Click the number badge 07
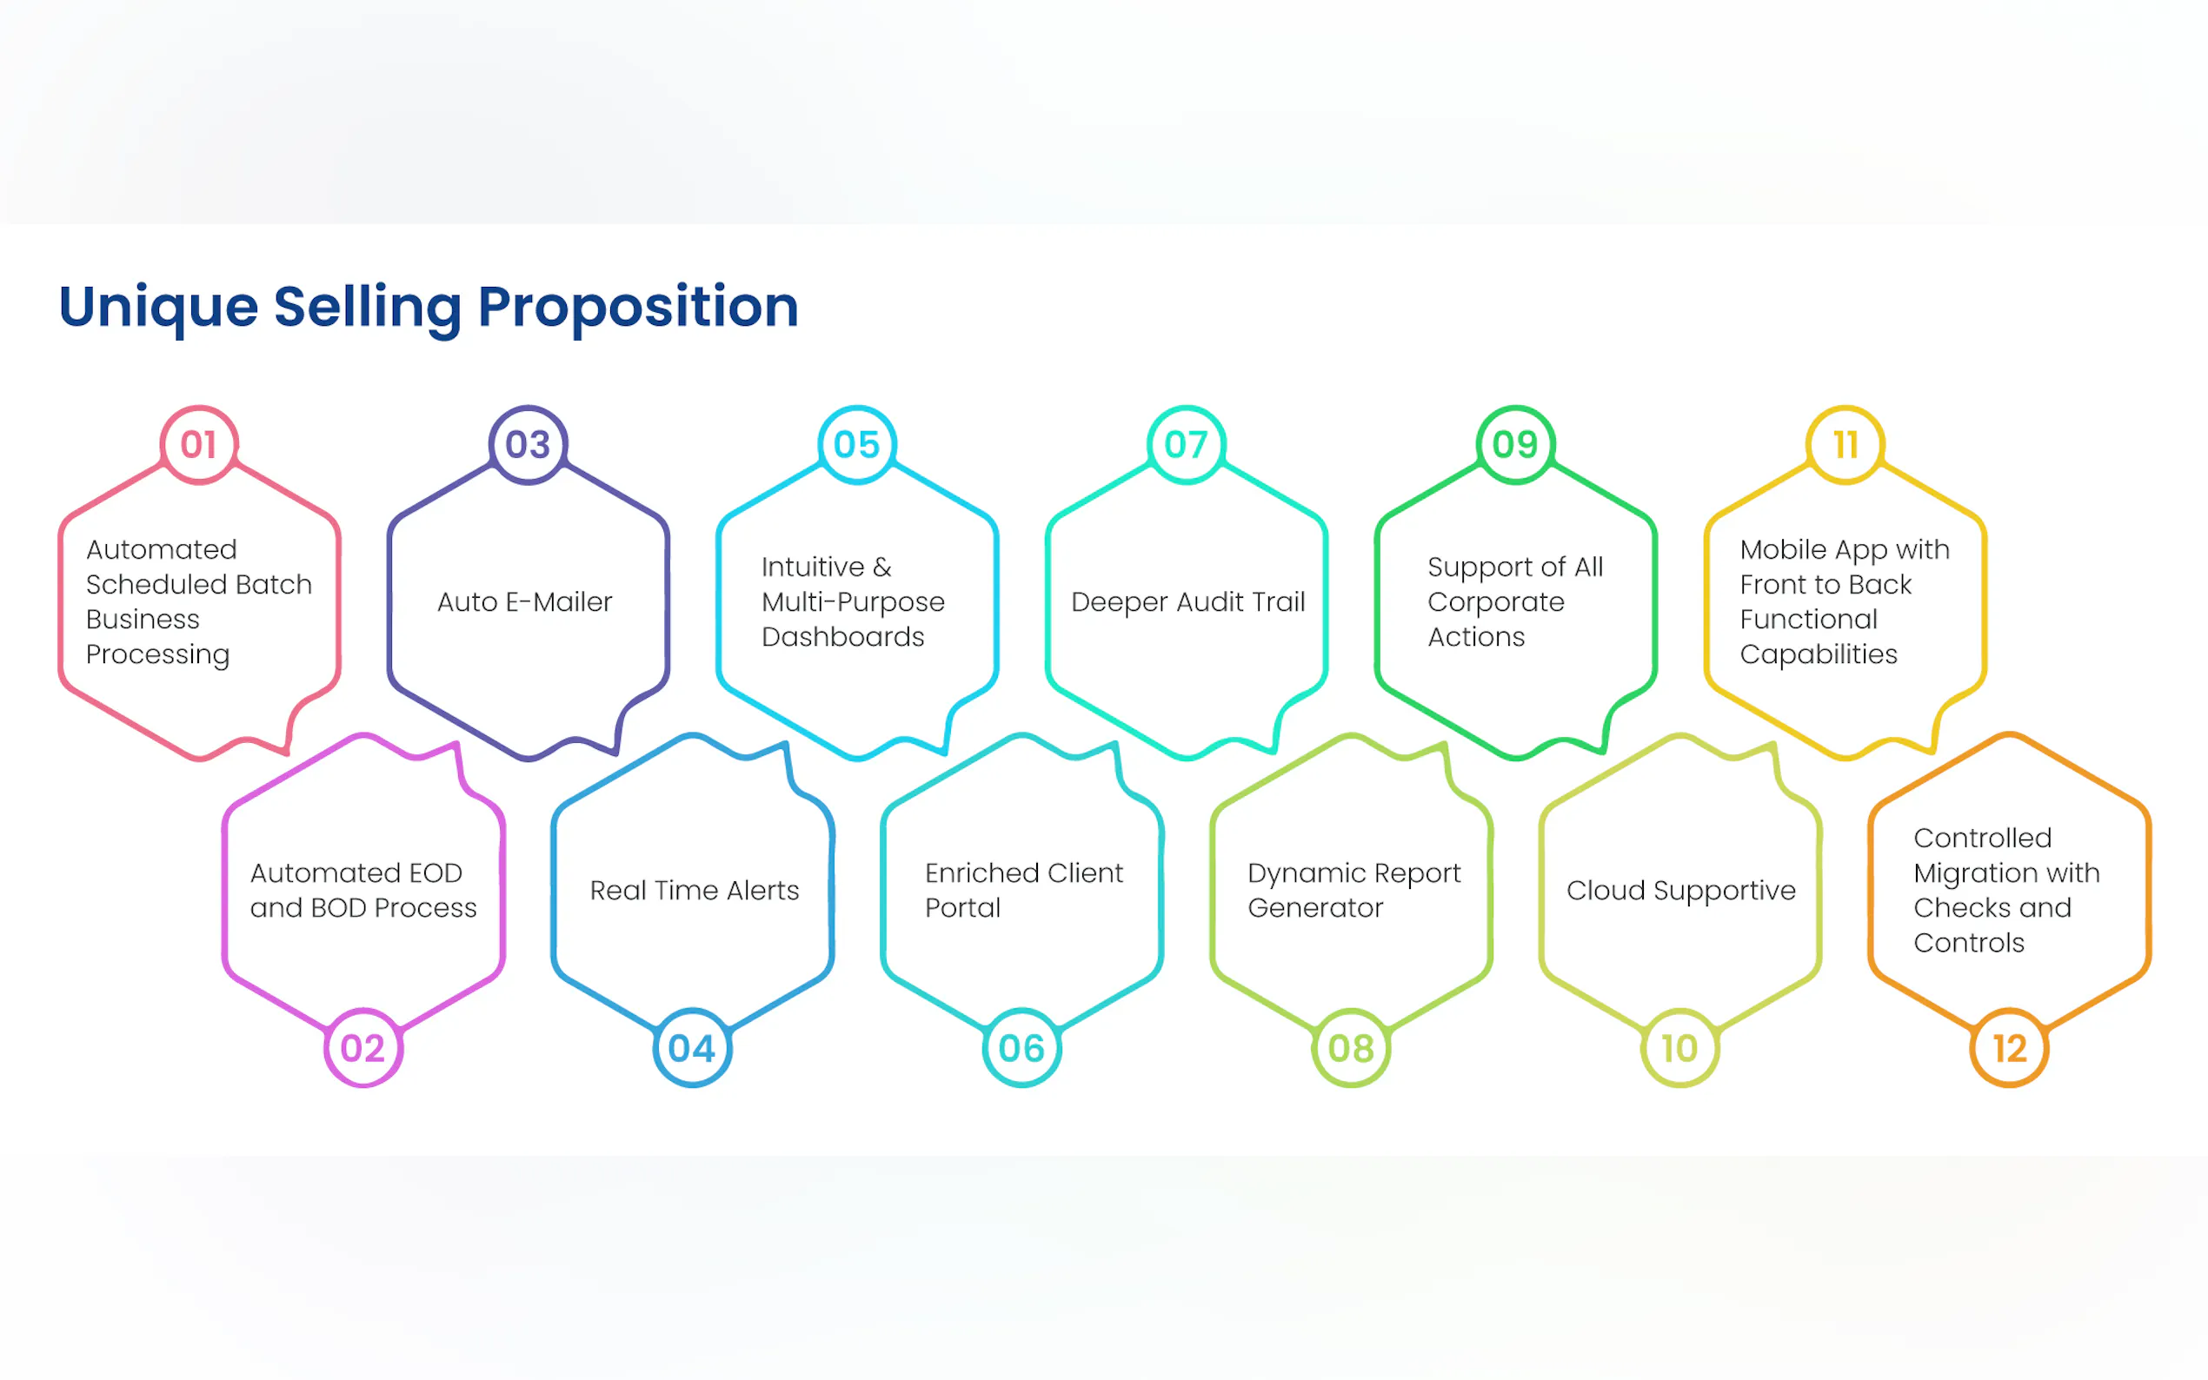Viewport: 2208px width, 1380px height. pos(1187,444)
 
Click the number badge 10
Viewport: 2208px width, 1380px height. pos(1680,1048)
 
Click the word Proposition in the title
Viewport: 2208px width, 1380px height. pos(638,309)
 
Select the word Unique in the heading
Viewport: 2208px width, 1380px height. pos(159,309)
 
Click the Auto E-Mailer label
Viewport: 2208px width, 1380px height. pos(525,602)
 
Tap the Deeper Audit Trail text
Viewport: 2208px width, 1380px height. pos(1187,602)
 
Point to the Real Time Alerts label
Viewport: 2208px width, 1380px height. pos(695,891)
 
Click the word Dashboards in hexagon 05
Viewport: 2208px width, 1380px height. pos(843,637)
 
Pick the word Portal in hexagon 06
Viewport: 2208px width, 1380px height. pos(963,908)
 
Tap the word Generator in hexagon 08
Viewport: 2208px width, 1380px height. pos(1315,908)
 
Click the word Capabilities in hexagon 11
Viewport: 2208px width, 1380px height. pos(1819,655)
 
